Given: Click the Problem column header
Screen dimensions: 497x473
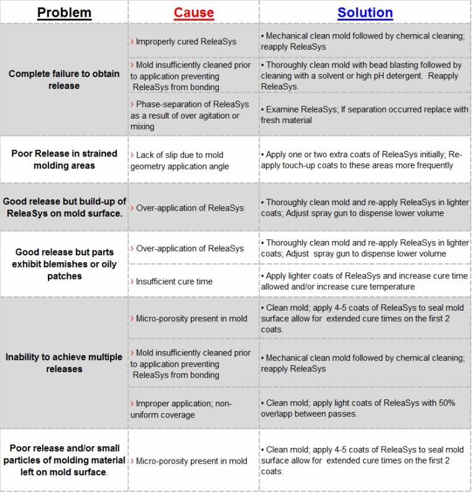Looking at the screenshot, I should [64, 12].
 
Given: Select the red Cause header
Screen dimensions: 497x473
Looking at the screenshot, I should [193, 12].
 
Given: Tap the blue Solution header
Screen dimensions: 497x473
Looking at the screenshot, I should [365, 12].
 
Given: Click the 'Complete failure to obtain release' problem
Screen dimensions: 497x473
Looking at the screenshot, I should [64, 80].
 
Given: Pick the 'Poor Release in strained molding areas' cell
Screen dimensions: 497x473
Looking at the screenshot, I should [64, 159].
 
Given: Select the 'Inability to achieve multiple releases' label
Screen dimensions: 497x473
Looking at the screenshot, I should [64, 363].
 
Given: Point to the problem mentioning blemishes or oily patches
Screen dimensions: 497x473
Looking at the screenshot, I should [64, 264].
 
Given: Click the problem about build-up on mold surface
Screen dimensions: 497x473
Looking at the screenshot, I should [64, 207].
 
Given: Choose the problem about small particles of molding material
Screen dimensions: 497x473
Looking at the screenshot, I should [64, 460].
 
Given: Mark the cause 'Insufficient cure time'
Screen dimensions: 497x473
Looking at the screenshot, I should [174, 281].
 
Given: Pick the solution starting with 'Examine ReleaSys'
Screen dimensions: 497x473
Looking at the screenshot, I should [365, 115].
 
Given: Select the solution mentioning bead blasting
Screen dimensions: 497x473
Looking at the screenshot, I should [365, 76].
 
